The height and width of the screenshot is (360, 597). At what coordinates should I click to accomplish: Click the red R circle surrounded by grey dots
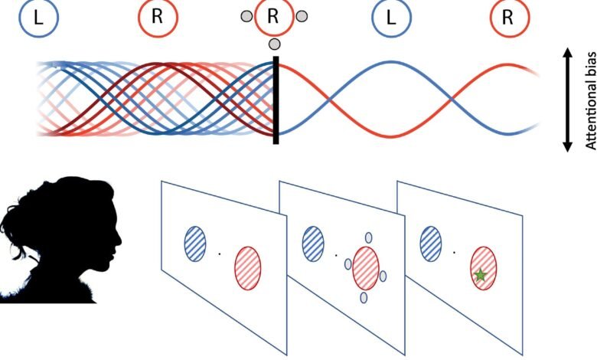click(273, 17)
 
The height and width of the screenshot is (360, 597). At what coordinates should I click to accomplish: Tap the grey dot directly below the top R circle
click(274, 44)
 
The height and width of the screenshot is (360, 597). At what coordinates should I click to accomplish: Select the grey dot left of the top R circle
click(246, 16)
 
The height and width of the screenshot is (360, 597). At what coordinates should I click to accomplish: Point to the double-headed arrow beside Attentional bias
click(568, 100)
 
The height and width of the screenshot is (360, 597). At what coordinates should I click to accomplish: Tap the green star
click(480, 275)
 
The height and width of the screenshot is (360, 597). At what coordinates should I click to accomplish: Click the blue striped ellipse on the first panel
click(195, 243)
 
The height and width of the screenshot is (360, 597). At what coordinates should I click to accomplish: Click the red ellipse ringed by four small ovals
click(366, 267)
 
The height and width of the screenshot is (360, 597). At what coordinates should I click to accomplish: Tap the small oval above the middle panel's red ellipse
click(368, 237)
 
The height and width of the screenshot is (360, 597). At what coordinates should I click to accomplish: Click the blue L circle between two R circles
click(390, 17)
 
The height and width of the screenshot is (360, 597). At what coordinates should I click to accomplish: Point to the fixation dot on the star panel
click(455, 251)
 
